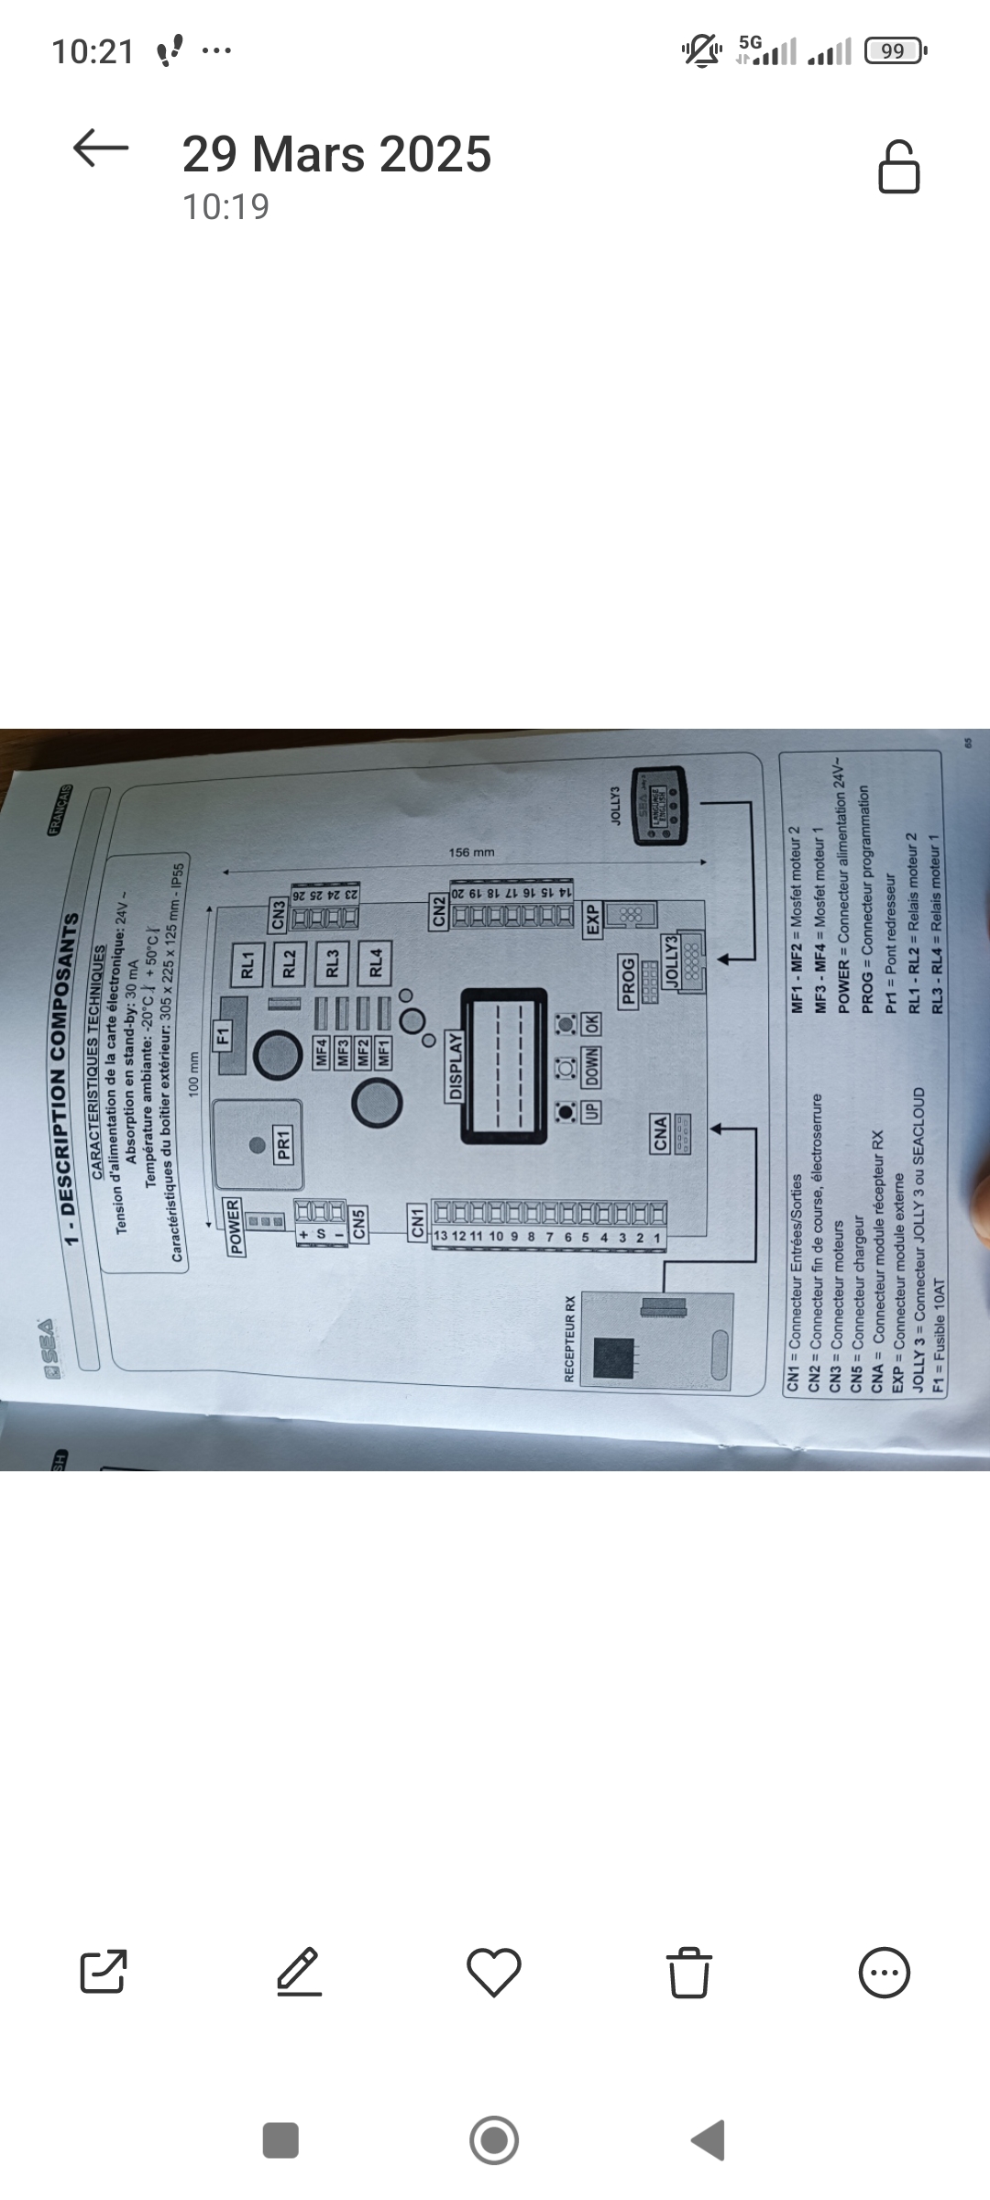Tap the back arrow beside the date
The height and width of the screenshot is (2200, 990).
101,148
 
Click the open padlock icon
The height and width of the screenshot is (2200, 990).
898,167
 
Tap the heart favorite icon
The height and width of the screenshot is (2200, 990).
494,1972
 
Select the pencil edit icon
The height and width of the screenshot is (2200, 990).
300,1972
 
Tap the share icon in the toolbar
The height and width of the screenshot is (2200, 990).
104,1972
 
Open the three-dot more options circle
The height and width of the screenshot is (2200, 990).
885,1972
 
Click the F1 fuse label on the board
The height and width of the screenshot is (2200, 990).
223,1037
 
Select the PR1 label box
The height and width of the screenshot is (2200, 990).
283,1145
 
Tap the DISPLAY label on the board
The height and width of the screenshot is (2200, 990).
456,1066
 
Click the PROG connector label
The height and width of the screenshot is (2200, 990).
628,982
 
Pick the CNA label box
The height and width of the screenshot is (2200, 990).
660,1134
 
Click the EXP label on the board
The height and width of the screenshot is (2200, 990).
592,919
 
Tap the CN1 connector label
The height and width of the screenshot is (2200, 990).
418,1223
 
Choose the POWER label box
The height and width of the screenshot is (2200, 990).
234,1226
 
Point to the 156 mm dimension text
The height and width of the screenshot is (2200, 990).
471,852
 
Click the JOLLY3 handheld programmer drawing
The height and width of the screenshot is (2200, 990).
659,804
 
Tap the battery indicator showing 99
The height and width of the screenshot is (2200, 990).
894,51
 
